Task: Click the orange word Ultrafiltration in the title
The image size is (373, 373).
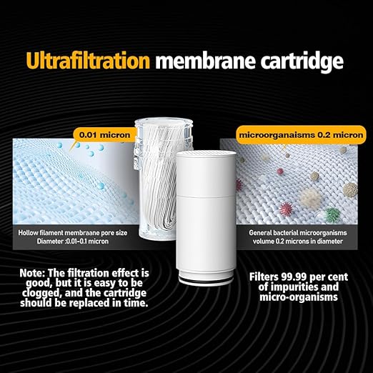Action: click(88, 60)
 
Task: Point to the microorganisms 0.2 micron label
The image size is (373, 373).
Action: click(290, 134)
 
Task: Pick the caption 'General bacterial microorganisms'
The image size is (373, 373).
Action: click(295, 232)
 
